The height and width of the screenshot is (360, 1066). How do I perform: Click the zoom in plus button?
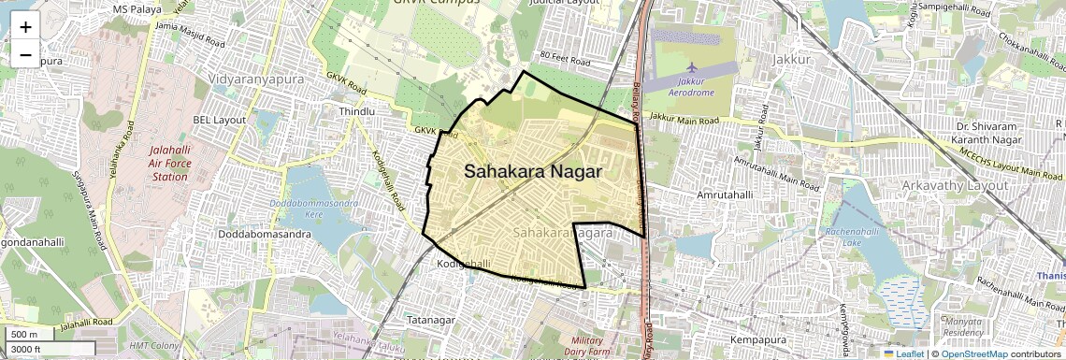point(25,27)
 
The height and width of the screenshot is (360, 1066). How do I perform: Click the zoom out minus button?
point(25,55)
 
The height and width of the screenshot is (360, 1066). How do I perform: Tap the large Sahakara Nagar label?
point(533,172)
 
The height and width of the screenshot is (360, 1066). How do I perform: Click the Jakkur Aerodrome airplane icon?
point(691,68)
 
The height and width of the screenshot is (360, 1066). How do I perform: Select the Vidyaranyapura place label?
point(257,79)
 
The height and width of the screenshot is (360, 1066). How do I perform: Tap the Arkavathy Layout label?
point(956,185)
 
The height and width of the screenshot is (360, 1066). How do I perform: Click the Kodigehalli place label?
point(464,266)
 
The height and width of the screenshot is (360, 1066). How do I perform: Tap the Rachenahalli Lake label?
point(860,238)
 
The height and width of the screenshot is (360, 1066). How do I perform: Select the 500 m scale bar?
point(26,335)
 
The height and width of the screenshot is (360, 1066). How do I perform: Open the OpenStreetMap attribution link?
point(973,353)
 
